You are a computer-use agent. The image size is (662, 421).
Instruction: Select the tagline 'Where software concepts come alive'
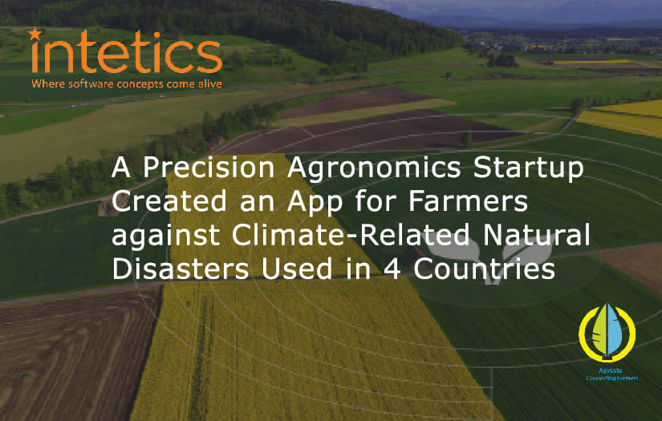click(x=126, y=83)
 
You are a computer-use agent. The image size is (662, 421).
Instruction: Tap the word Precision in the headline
click(x=203, y=170)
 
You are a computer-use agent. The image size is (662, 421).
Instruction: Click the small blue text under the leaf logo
click(x=607, y=374)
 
